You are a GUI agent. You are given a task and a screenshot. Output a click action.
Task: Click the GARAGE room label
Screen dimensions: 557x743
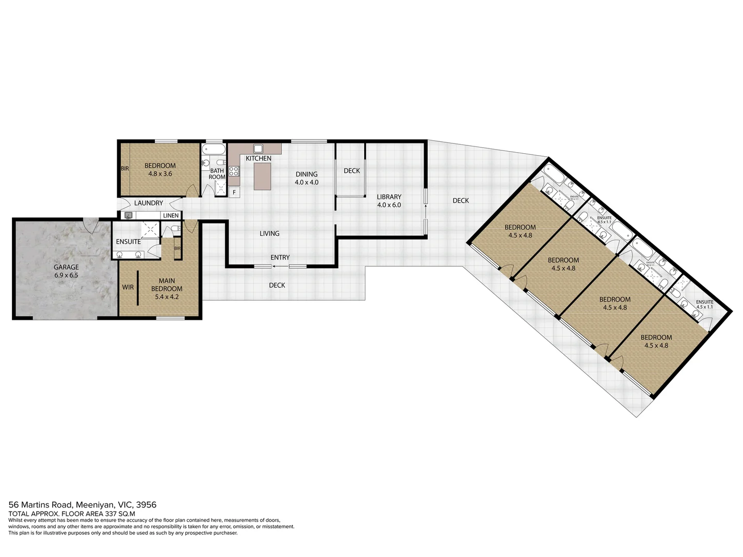click(x=67, y=267)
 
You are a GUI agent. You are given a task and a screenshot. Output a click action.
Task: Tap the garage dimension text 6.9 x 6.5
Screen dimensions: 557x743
click(x=67, y=275)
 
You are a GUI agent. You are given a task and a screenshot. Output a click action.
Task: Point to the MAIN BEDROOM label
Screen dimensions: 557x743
click(x=167, y=285)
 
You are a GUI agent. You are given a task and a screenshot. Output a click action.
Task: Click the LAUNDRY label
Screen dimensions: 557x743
click(x=148, y=203)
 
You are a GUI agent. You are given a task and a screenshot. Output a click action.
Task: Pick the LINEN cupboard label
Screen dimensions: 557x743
click(x=171, y=216)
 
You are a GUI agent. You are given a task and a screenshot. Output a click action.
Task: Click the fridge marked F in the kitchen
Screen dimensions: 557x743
click(x=234, y=193)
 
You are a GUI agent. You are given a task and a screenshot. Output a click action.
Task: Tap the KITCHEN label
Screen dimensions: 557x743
click(x=258, y=158)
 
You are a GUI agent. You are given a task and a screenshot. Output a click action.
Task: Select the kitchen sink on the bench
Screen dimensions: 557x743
click(x=258, y=149)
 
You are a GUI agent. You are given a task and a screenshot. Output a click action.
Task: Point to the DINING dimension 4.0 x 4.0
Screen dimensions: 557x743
click(x=306, y=183)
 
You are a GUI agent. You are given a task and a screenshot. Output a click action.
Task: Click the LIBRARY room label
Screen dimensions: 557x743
click(x=389, y=196)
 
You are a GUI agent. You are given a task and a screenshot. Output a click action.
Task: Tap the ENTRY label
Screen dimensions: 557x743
click(x=280, y=257)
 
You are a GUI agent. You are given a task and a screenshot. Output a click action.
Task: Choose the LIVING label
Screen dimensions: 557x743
click(x=269, y=234)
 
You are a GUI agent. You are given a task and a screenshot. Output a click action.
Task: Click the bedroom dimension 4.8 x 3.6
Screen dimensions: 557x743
click(x=160, y=174)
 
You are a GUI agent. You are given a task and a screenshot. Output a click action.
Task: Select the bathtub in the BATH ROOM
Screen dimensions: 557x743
click(x=213, y=150)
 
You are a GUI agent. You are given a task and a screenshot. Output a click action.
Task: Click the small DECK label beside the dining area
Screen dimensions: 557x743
click(x=351, y=171)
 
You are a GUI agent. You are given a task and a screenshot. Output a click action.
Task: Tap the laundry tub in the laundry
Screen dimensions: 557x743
click(x=128, y=216)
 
